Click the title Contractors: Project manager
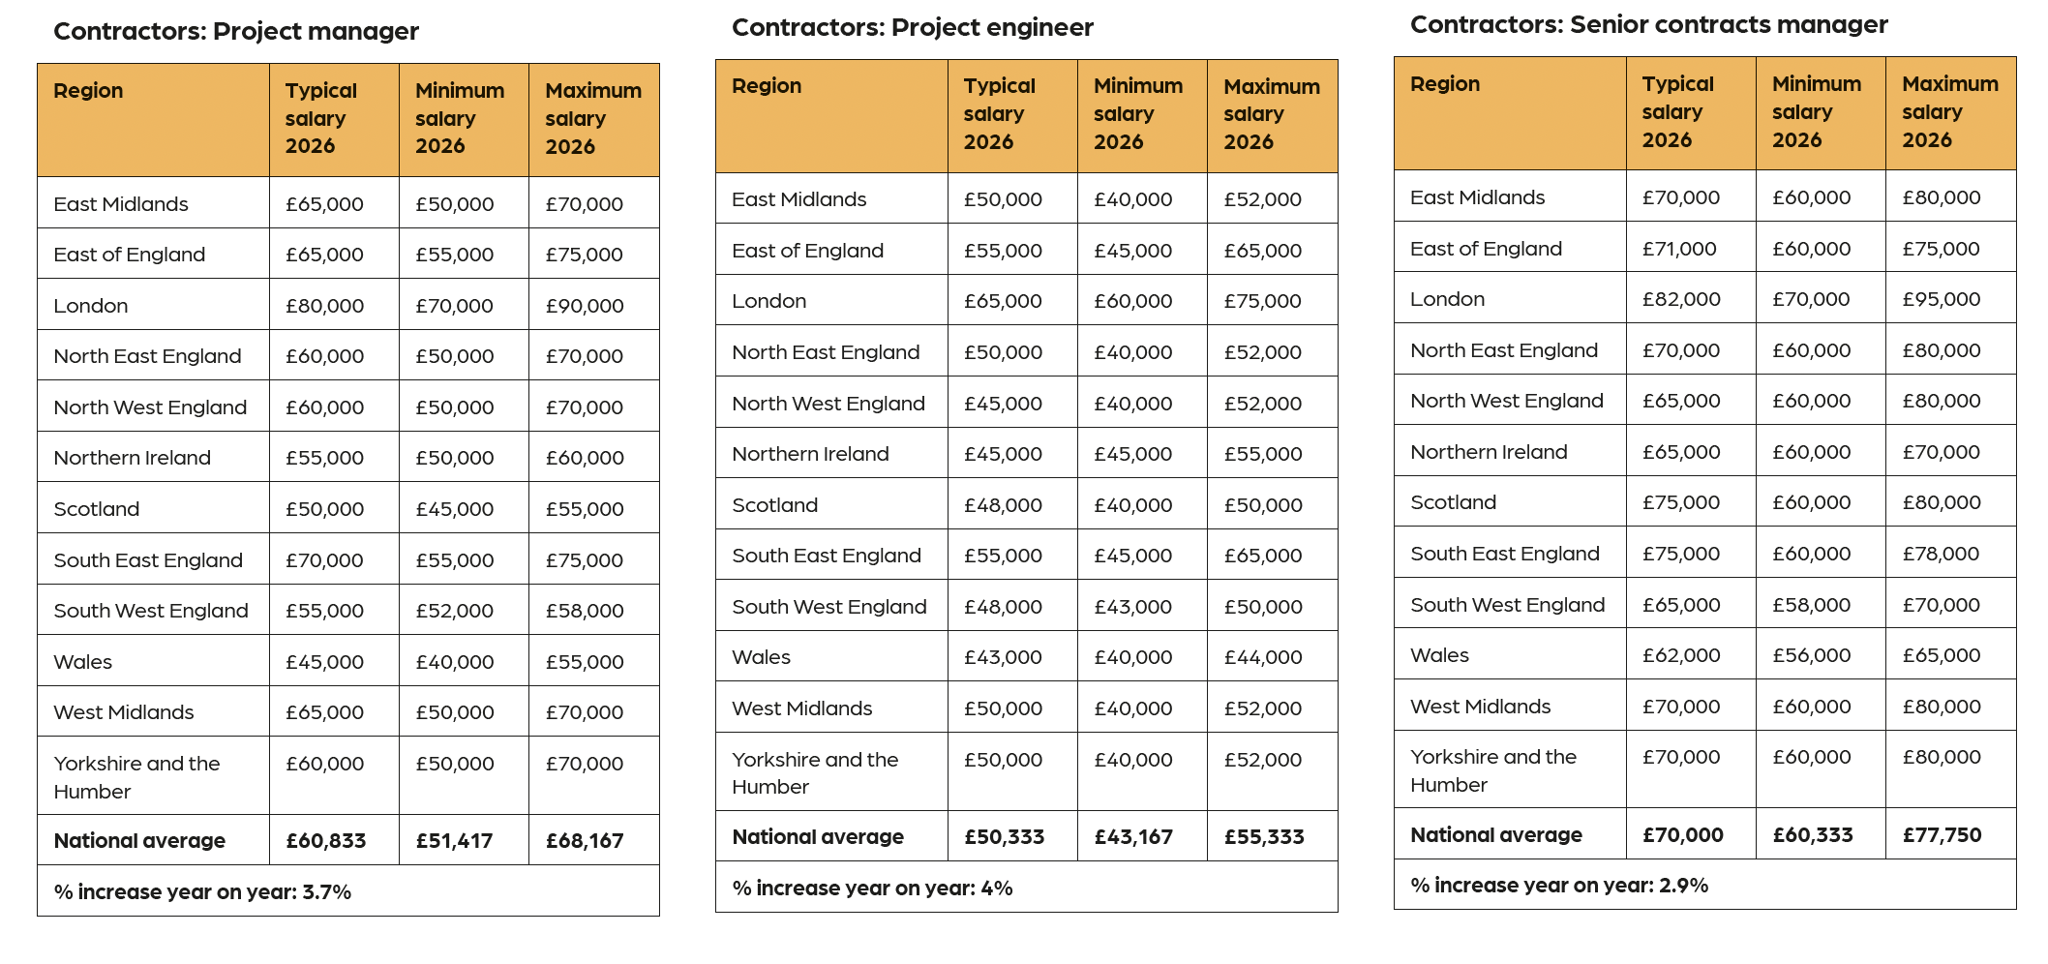pyautogui.click(x=236, y=31)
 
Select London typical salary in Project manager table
pyautogui.click(x=324, y=306)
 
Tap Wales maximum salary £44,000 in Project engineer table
pyautogui.click(x=1262, y=657)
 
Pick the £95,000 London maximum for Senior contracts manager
pyautogui.click(x=1941, y=299)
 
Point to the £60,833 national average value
pyautogui.click(x=325, y=840)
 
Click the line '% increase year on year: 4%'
pyautogui.click(x=872, y=888)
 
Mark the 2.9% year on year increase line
pyautogui.click(x=1558, y=885)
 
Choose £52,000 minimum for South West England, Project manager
pyautogui.click(x=454, y=611)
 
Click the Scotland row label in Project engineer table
pyautogui.click(x=774, y=504)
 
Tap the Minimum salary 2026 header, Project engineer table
pyautogui.click(x=1137, y=113)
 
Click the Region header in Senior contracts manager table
pyautogui.click(x=1444, y=84)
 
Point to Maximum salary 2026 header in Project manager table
pyautogui.click(x=592, y=118)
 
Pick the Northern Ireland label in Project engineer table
pyautogui.click(x=810, y=454)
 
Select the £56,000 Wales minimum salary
pyautogui.click(x=1811, y=655)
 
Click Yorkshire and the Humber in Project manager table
pyautogui.click(x=136, y=776)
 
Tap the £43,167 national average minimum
pyautogui.click(x=1132, y=836)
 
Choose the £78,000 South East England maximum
pyautogui.click(x=1941, y=554)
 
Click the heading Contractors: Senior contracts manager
pyautogui.click(x=1648, y=25)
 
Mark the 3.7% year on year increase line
pyautogui.click(x=202, y=891)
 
